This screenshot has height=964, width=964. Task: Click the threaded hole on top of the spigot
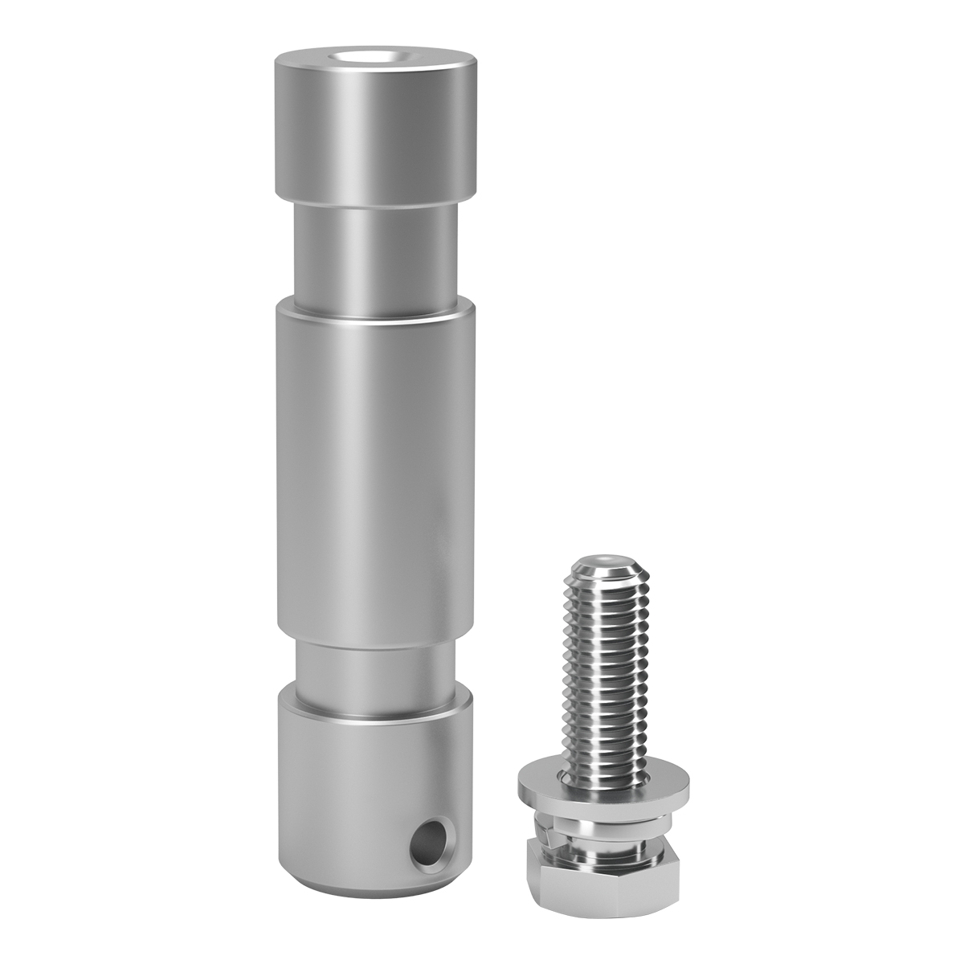(374, 57)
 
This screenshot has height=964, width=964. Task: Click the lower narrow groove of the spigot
(374, 663)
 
